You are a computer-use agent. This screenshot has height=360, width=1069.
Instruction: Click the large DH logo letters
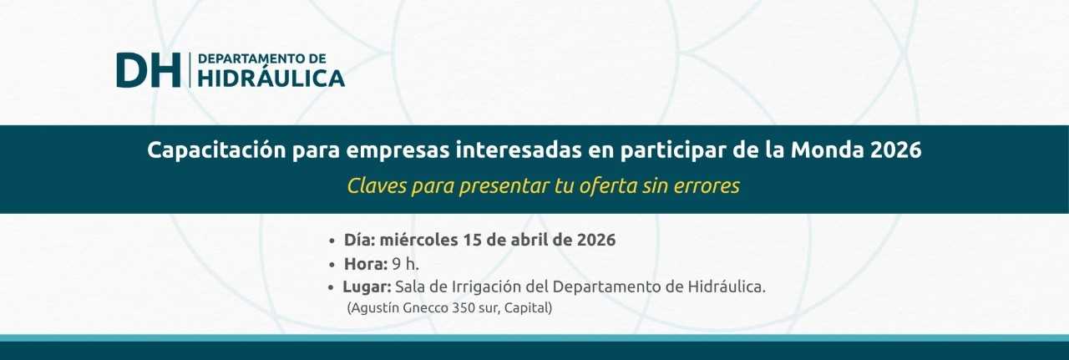(149, 70)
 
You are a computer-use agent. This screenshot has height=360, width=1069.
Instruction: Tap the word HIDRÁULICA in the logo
(271, 79)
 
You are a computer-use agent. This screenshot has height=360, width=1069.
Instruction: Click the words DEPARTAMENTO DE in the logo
(262, 58)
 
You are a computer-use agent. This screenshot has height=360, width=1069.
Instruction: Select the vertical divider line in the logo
(190, 70)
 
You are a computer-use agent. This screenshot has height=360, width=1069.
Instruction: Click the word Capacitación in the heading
(216, 150)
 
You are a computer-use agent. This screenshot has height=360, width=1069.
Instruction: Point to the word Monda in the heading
(827, 150)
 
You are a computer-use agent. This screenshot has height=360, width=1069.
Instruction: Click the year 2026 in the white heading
(896, 150)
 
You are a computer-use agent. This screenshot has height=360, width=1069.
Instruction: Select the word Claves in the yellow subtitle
(376, 185)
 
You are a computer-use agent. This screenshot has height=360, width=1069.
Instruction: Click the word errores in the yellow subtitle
(707, 186)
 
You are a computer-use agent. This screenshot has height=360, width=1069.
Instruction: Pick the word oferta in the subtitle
(608, 185)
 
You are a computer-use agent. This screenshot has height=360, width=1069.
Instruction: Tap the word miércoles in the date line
(418, 239)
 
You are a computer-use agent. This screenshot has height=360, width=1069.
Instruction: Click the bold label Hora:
(366, 264)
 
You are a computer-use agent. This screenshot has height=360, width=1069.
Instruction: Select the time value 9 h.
(406, 264)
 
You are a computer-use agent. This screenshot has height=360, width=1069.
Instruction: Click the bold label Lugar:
(367, 287)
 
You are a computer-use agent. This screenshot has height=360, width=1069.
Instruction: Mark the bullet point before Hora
(332, 265)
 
